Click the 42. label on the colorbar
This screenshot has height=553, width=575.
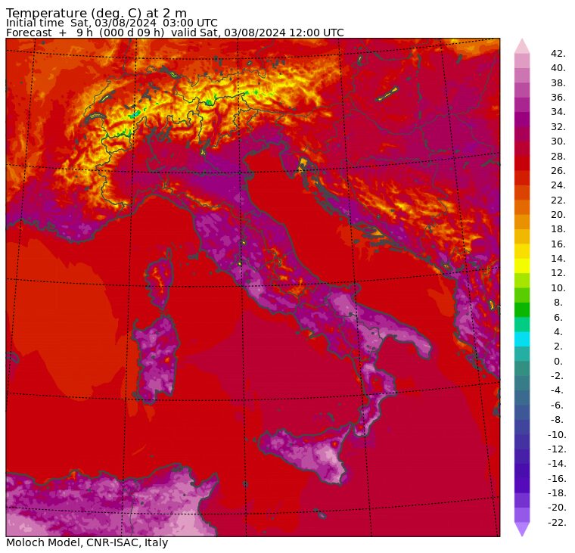click(x=558, y=54)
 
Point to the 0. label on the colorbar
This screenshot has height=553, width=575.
click(x=558, y=362)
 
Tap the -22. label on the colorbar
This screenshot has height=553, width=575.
click(x=557, y=523)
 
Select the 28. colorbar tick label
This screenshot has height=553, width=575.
click(x=558, y=157)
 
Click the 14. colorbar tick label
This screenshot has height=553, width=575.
click(x=558, y=259)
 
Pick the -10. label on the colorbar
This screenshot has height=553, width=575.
click(x=557, y=435)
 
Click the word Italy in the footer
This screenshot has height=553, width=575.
click(x=155, y=542)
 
